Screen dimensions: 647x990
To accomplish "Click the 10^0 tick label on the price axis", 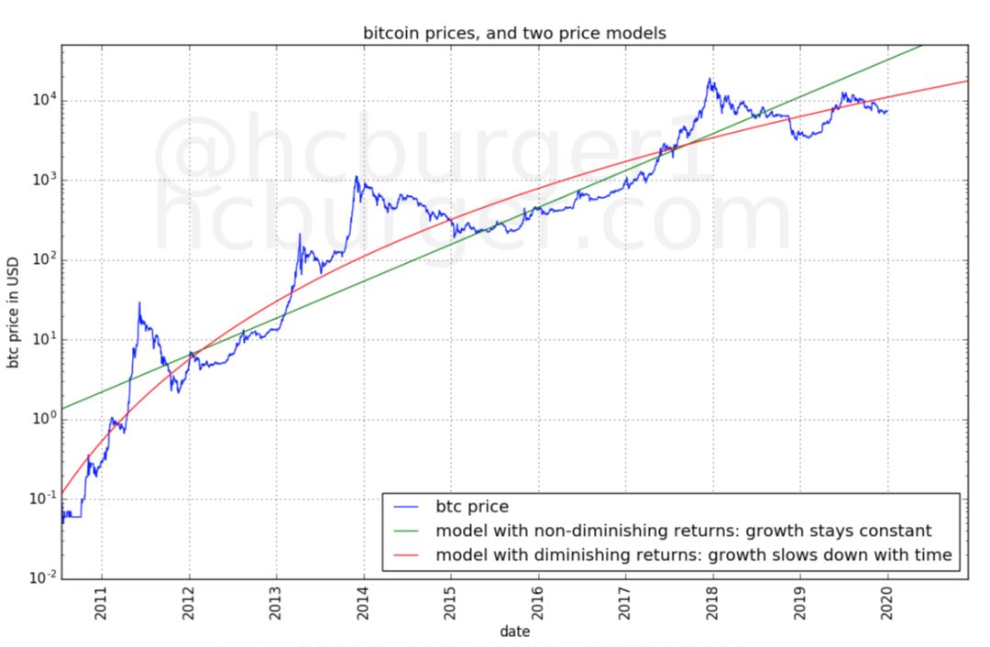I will [40, 419].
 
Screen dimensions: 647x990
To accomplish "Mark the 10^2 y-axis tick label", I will [40, 259].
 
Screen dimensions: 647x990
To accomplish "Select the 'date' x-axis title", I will [514, 631].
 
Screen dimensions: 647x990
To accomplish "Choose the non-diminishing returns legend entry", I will [683, 530].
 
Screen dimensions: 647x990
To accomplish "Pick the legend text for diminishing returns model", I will [694, 554].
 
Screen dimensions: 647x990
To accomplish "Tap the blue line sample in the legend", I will [408, 507].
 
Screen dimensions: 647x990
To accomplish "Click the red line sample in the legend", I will [408, 555].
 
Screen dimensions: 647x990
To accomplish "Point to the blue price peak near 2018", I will [709, 79].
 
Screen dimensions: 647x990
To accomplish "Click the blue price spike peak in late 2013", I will [357, 177].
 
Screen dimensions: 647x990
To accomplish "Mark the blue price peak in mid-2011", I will [139, 302].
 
